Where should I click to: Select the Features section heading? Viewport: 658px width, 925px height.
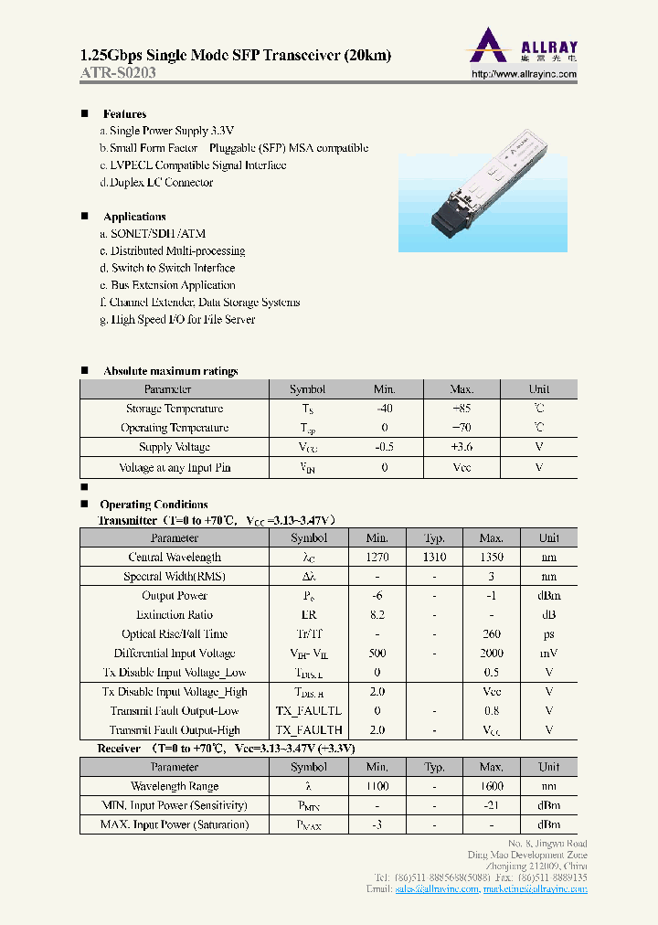[x=124, y=114]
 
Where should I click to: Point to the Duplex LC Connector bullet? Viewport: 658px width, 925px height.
[x=156, y=183]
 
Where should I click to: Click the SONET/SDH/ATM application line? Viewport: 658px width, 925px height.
[x=146, y=234]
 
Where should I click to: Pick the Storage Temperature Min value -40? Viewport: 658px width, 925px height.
[x=384, y=409]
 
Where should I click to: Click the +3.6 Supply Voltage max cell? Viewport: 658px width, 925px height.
[x=462, y=447]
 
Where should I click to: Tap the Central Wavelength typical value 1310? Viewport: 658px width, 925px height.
[x=434, y=558]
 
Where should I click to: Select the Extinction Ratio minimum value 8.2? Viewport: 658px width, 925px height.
[x=377, y=615]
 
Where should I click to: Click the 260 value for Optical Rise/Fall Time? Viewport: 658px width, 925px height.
[x=491, y=634]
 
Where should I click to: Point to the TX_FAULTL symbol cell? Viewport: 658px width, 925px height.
[x=308, y=711]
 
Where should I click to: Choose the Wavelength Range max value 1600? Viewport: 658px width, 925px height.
[x=491, y=787]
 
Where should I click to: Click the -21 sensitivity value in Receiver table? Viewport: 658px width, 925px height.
[x=491, y=806]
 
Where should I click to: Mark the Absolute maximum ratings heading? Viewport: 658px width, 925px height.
[x=170, y=371]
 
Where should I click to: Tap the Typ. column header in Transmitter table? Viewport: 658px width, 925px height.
[x=434, y=538]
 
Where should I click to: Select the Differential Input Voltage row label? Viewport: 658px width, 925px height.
[x=174, y=654]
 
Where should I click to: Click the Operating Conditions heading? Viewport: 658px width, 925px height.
[x=154, y=505]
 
